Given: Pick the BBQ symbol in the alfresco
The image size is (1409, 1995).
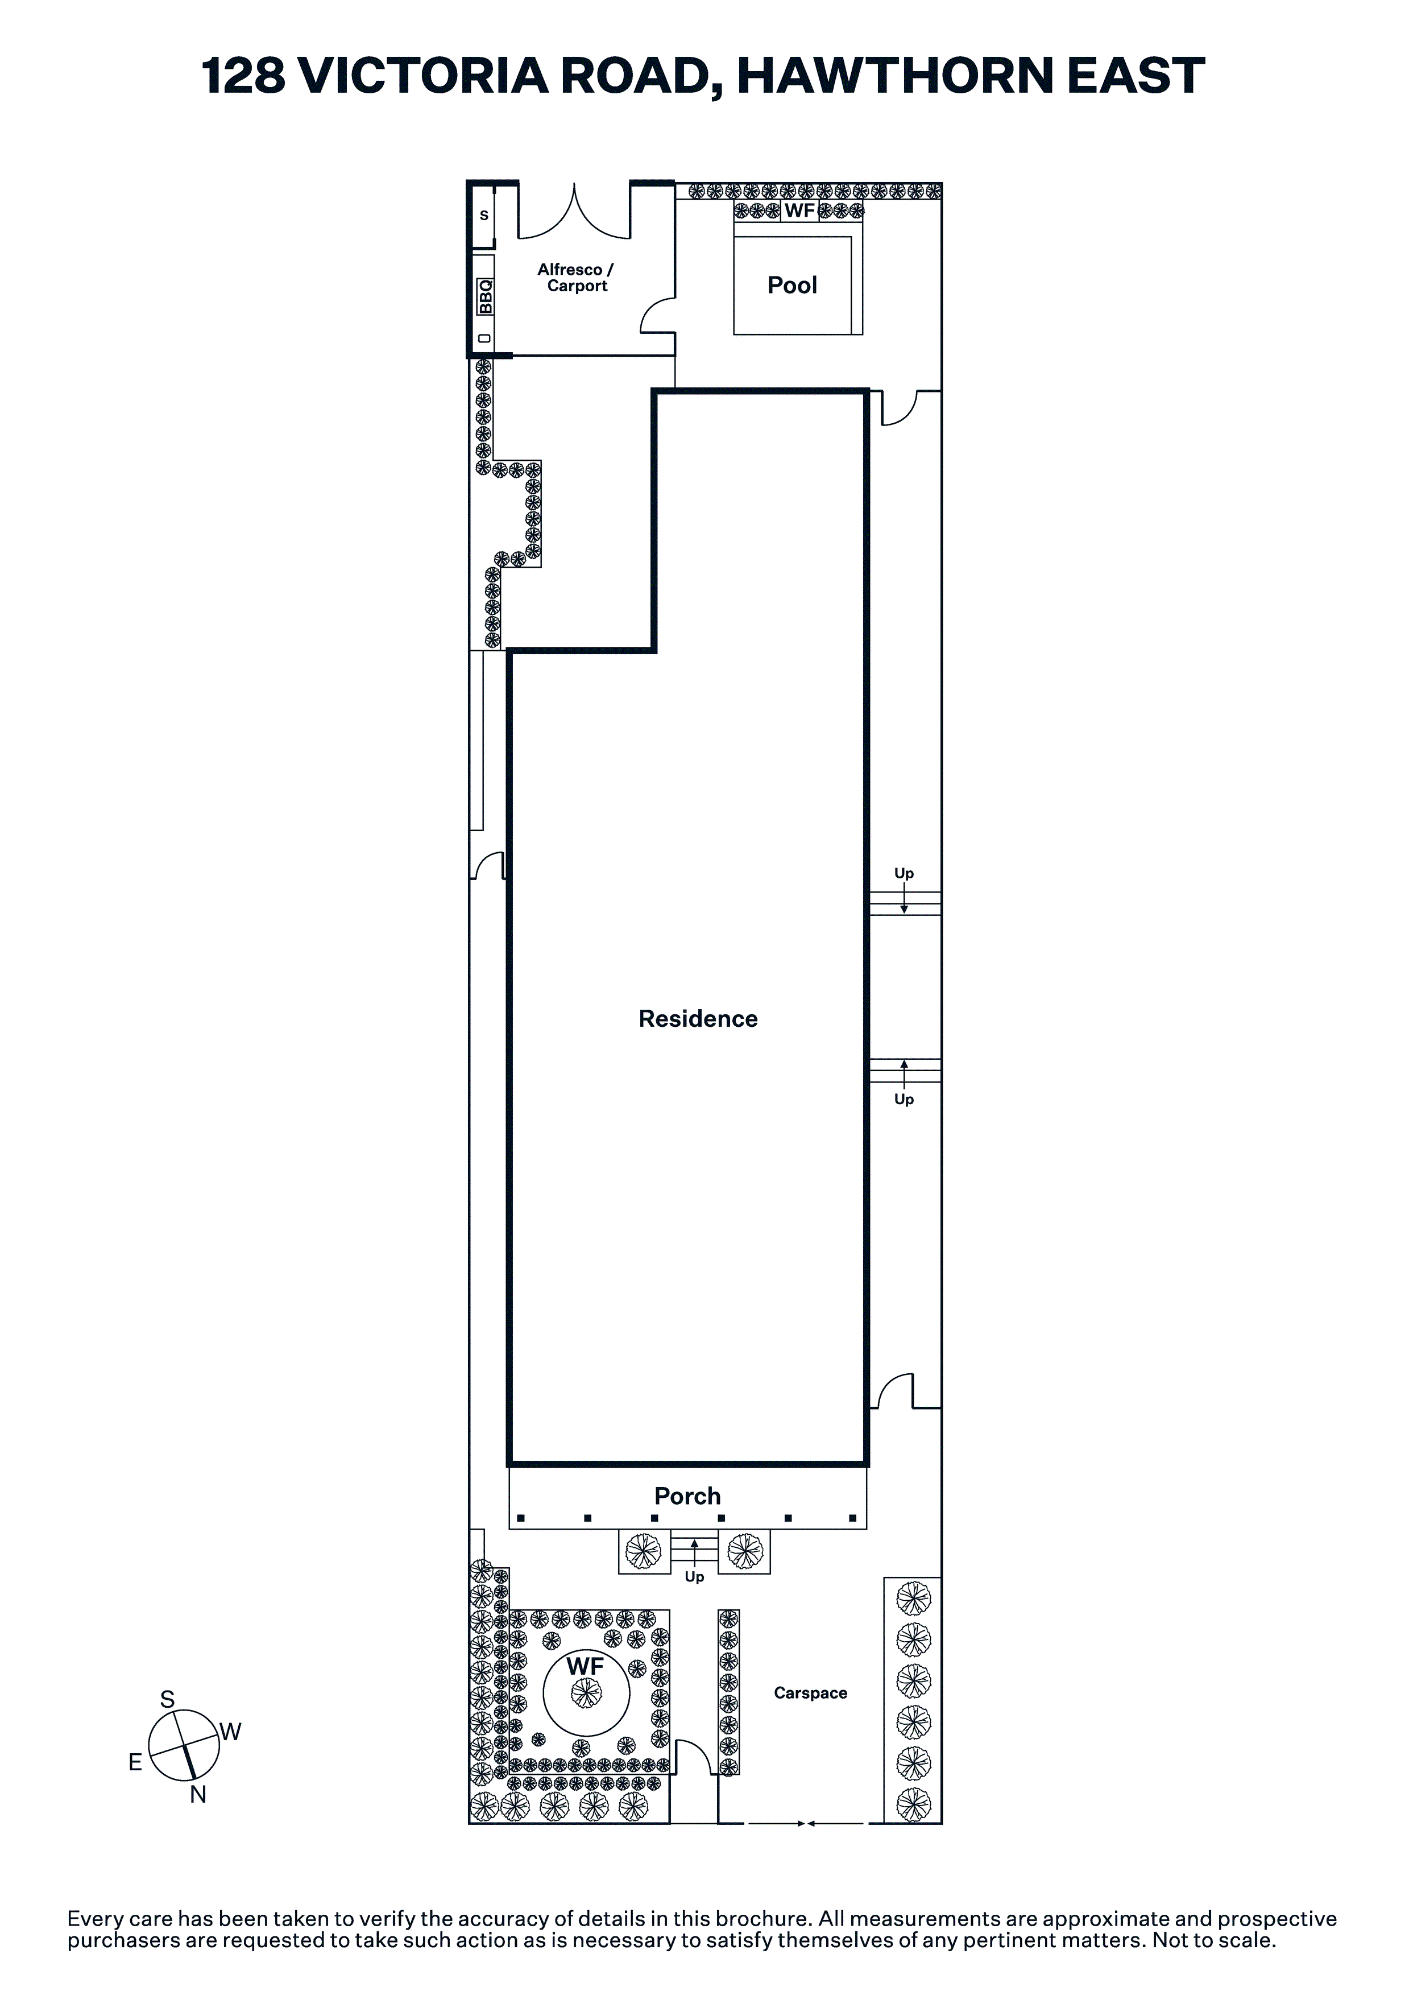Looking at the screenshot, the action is point(484,296).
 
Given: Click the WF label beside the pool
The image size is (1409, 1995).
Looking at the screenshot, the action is point(800,210).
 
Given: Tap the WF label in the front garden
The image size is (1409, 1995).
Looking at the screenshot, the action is point(586,1667).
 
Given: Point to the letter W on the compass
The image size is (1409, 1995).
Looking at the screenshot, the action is point(230,1732).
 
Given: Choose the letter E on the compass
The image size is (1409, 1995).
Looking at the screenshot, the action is point(135,1762).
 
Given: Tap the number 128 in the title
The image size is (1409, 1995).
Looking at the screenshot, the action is point(244,76).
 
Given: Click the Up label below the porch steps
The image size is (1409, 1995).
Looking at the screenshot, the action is point(694,1577).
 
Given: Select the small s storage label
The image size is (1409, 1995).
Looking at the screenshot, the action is point(484,216).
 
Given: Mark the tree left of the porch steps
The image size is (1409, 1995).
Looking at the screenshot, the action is point(643,1551).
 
